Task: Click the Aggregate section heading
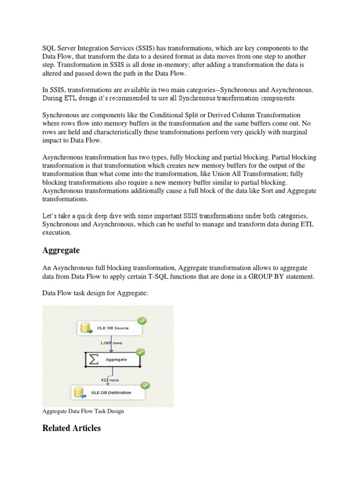click(61, 250)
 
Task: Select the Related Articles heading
click(71, 428)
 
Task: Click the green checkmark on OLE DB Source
click(141, 321)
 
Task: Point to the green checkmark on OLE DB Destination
click(145, 385)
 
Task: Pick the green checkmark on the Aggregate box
click(140, 352)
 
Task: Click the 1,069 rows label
click(111, 343)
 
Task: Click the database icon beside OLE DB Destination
click(81, 392)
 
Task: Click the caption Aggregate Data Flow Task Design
click(83, 412)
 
